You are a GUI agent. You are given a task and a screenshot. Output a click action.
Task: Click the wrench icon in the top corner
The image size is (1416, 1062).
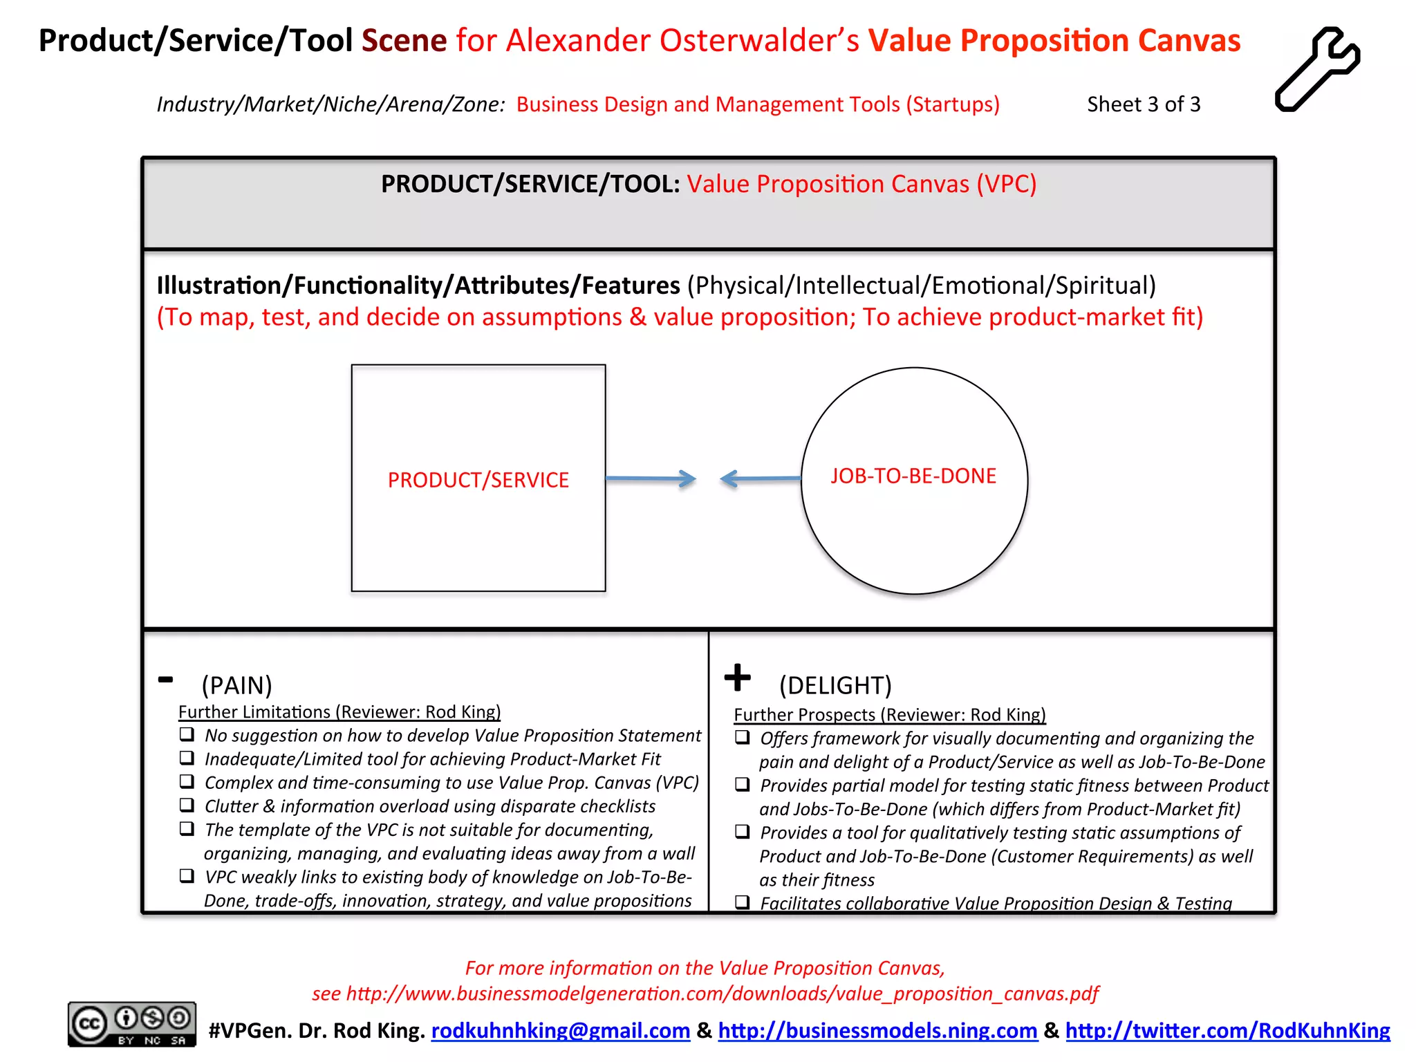pyautogui.click(x=1318, y=69)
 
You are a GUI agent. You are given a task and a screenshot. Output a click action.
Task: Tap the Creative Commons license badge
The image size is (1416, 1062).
pyautogui.click(x=131, y=1024)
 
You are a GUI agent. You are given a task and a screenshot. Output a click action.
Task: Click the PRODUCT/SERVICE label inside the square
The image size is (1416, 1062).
pyautogui.click(x=478, y=480)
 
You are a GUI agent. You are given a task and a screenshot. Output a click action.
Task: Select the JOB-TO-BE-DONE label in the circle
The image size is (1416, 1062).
pyautogui.click(x=913, y=476)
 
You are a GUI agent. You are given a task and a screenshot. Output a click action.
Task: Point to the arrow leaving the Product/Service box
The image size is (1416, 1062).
pyautogui.click(x=651, y=478)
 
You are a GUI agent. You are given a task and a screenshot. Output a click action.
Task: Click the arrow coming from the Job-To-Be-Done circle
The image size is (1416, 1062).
pyautogui.click(x=760, y=478)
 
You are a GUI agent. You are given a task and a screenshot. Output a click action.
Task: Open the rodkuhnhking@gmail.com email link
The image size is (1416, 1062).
pyautogui.click(x=560, y=1030)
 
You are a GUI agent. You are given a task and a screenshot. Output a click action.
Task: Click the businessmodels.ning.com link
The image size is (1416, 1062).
pyautogui.click(x=877, y=1030)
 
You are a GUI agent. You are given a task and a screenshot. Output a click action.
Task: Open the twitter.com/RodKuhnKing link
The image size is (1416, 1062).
pyautogui.click(x=1227, y=1030)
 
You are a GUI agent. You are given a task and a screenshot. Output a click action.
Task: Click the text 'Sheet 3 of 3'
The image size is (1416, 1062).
pyautogui.click(x=1143, y=104)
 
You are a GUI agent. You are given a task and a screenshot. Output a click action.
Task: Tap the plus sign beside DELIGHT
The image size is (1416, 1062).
pyautogui.click(x=737, y=678)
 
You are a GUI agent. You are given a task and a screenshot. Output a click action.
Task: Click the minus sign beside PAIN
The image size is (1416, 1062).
pyautogui.click(x=165, y=680)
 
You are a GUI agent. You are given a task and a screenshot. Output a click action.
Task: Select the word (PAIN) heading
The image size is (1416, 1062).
pyautogui.click(x=236, y=685)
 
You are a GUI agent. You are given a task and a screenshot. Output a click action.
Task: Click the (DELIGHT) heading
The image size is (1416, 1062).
pyautogui.click(x=835, y=685)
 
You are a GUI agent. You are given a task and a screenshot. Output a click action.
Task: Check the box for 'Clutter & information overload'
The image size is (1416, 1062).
pyautogui.click(x=187, y=805)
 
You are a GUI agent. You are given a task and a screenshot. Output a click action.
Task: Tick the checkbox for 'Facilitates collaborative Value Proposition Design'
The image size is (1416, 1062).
pyautogui.click(x=743, y=902)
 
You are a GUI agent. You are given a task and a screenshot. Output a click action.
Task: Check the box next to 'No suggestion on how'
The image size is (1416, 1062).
pyautogui.click(x=187, y=734)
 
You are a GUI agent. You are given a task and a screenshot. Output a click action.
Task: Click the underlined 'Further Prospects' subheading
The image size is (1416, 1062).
pyautogui.click(x=889, y=714)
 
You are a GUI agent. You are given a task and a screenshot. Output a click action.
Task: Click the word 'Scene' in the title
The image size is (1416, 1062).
pyautogui.click(x=404, y=40)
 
